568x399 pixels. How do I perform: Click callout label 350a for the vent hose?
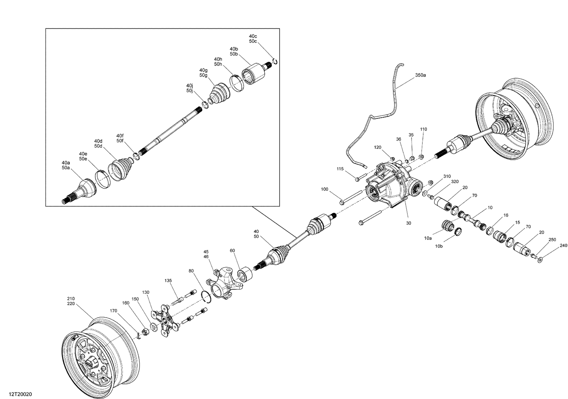coord(420,75)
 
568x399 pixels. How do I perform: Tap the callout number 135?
coord(168,281)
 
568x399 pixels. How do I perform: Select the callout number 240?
coord(563,245)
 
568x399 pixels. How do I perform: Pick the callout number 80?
coord(191,271)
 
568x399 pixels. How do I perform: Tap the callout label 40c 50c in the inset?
coord(253,39)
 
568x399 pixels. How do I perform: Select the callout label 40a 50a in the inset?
coord(66,165)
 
